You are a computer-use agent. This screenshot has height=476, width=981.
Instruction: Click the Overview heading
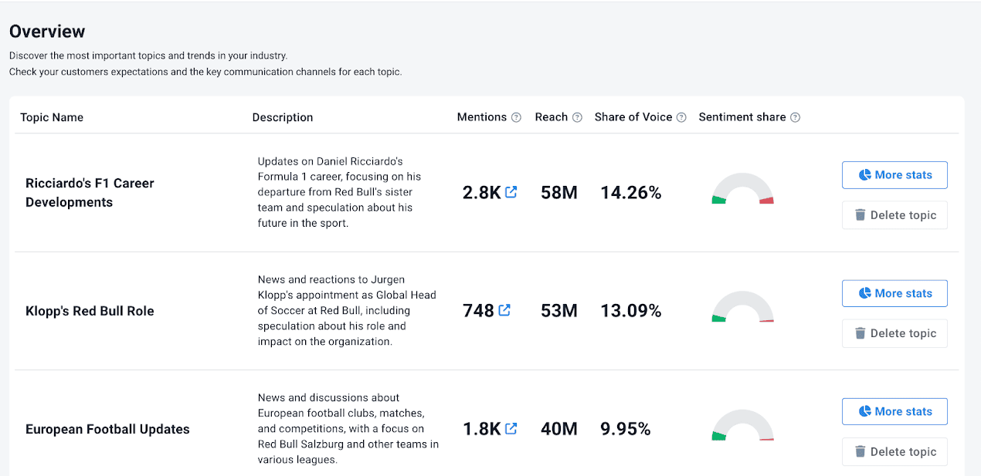point(47,32)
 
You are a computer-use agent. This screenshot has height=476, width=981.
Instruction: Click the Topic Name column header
point(52,117)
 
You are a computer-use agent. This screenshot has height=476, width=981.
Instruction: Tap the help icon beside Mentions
point(516,117)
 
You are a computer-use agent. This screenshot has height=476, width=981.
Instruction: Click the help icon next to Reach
point(577,117)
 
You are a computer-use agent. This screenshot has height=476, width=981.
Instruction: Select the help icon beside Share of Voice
point(681,117)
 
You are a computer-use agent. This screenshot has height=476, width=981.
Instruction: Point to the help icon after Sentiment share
point(795,117)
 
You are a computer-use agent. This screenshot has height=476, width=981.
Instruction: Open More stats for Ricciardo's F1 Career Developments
point(894,175)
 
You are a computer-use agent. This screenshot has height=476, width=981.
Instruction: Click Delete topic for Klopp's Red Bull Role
point(894,333)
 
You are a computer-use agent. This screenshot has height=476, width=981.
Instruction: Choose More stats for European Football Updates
point(894,411)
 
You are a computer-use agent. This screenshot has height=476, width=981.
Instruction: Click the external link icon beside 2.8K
point(511,192)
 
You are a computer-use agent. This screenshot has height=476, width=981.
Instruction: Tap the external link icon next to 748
point(504,310)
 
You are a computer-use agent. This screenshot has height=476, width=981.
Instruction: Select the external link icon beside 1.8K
point(511,428)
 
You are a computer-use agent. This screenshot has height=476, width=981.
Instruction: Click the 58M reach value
point(559,192)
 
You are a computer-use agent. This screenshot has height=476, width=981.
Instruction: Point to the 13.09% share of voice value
point(630,311)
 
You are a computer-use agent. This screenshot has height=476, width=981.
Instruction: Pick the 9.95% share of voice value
point(625,429)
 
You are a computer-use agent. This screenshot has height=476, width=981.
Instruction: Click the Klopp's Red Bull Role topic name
point(90,311)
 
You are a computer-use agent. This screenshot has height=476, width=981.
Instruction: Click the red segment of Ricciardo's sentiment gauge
point(766,201)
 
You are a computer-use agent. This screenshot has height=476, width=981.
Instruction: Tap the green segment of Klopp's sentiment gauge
point(718,319)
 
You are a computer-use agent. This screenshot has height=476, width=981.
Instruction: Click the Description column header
point(283,117)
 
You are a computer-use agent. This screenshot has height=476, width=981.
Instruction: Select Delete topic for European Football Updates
point(894,452)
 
